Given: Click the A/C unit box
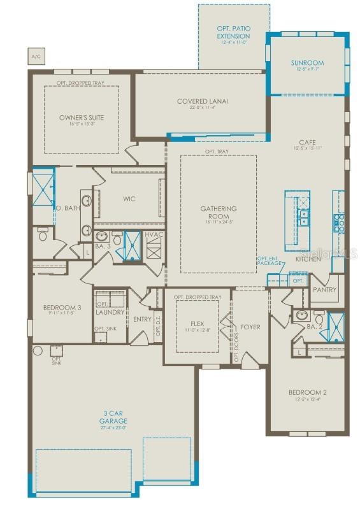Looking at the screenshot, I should [35, 57].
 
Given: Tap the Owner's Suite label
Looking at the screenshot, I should [81, 118].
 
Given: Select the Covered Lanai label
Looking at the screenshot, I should [203, 101].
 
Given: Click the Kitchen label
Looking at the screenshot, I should [308, 259].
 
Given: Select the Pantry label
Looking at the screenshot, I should [324, 289].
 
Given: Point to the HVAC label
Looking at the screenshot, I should [154, 235].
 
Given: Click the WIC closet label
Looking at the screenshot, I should [129, 199].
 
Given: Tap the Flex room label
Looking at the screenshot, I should [197, 324].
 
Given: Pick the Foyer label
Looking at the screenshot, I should [250, 327].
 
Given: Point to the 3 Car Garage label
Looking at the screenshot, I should [113, 417].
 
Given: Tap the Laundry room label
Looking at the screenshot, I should [110, 313].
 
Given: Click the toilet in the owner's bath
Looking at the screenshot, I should [43, 236].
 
